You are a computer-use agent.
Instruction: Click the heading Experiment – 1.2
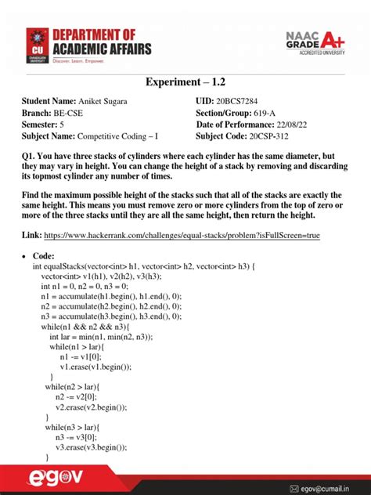coord(185,83)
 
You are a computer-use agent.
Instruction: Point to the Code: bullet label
coord(45,256)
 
